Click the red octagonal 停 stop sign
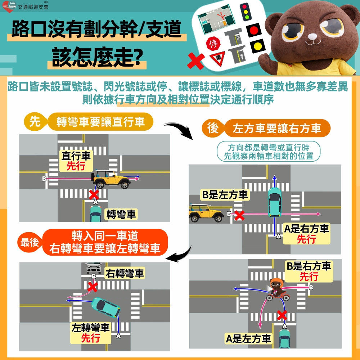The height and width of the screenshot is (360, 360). pos(213,44)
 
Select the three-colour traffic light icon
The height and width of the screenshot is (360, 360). pos(246,12)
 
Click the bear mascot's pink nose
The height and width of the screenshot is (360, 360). pos(312,36)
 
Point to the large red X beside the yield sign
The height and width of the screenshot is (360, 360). pos(196,61)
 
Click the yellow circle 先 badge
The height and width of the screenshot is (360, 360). pos(35,121)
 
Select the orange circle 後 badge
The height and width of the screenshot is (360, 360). pos(213,128)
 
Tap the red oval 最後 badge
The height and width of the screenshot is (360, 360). pos(30,242)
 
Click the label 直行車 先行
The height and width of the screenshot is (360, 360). pos(76,161)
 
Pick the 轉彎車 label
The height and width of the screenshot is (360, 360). pos(121,214)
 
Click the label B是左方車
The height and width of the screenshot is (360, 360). pos(225,195)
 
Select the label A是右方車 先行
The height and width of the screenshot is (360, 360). pos(306,234)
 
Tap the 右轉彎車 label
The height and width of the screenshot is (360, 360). pos(125,273)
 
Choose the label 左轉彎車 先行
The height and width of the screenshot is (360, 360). pos(90,333)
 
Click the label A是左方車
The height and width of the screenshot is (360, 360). pos(248,339)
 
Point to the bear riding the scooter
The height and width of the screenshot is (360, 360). pos(278,289)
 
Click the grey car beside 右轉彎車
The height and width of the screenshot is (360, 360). pos(94,268)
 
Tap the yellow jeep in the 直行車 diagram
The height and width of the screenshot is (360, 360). pos(111,179)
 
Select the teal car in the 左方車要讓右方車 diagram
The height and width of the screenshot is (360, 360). pos(275,202)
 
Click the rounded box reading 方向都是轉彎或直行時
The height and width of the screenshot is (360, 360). pos(269,151)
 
